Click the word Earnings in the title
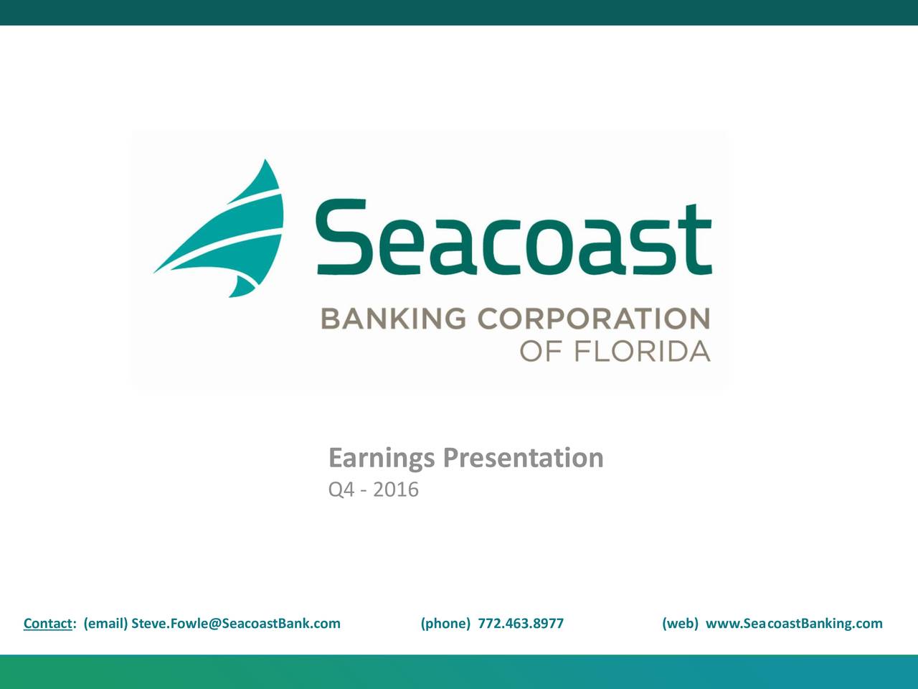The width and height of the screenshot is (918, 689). (381, 458)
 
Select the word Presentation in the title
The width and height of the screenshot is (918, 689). (523, 457)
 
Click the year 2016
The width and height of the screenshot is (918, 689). (396, 490)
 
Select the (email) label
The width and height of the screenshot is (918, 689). (105, 623)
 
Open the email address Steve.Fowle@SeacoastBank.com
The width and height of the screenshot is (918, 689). (236, 623)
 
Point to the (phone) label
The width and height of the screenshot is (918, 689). (445, 623)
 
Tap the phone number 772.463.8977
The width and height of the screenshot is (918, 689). (521, 623)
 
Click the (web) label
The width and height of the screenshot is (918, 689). (680, 623)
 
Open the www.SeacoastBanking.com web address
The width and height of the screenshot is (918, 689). (794, 623)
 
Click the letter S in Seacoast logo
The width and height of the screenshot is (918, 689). (341, 238)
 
